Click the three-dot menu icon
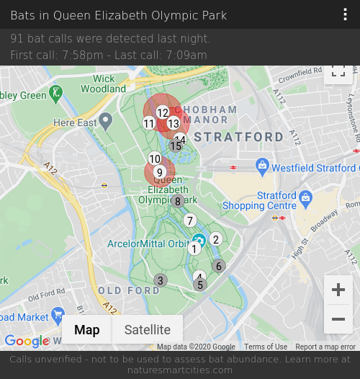346,15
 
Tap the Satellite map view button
148,330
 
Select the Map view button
87,330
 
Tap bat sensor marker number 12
163,112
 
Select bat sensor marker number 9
160,172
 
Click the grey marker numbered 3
161,280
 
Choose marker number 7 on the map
190,220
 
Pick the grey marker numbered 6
219,266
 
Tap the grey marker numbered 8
178,201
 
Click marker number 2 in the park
215,239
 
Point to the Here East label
75,123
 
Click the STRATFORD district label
238,137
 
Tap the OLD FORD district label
129,290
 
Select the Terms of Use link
266,347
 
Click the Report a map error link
325,347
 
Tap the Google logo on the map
27,341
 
